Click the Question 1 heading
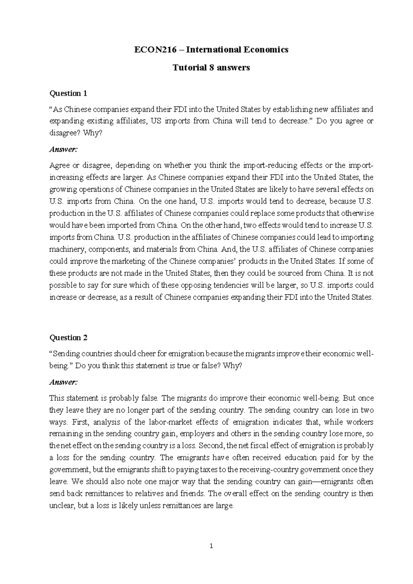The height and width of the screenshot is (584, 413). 68,93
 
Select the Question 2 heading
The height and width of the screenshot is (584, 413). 68,338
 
